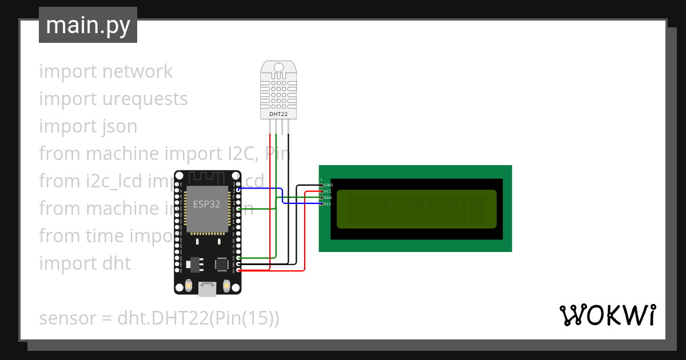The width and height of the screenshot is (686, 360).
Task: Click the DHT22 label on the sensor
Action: (x=278, y=114)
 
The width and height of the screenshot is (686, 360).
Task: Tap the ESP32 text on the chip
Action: (x=206, y=204)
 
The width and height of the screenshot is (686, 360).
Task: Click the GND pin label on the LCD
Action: (x=328, y=185)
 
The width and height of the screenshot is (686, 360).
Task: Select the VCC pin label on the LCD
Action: (x=328, y=191)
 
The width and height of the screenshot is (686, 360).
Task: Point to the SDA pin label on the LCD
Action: (x=328, y=198)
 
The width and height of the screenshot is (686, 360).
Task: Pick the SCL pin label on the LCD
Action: (x=328, y=204)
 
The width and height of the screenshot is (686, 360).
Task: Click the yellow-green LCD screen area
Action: (x=416, y=209)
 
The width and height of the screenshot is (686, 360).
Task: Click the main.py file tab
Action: (x=88, y=25)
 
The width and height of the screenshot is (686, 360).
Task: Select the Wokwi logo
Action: (x=607, y=315)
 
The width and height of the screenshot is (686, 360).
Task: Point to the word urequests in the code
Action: (x=145, y=99)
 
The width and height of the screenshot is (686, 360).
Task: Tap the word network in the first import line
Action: (x=137, y=71)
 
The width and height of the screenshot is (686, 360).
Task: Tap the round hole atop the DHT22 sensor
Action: (x=278, y=67)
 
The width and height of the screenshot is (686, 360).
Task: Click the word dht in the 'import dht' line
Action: (x=117, y=263)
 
